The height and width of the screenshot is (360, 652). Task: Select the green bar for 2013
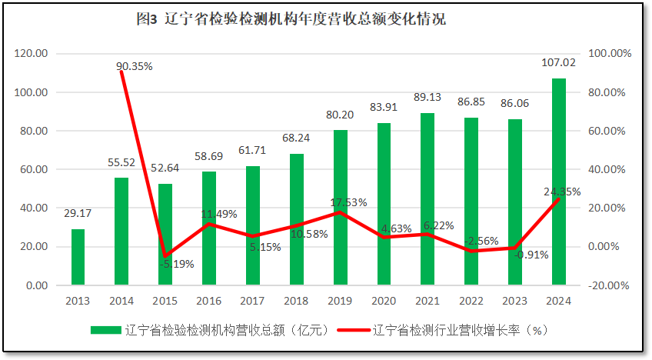coord(78,257)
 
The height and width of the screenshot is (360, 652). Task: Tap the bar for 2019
coord(340,208)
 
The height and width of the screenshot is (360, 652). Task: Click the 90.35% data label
coord(135,66)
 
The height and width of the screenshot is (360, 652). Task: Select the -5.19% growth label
coord(177,264)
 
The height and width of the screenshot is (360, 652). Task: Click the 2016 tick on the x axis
coord(209,301)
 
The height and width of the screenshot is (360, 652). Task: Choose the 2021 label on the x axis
coord(427,301)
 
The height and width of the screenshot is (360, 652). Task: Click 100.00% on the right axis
coord(609,54)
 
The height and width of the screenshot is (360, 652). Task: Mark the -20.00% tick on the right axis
coord(609,285)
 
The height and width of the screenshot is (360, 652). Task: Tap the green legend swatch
coord(105,330)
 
